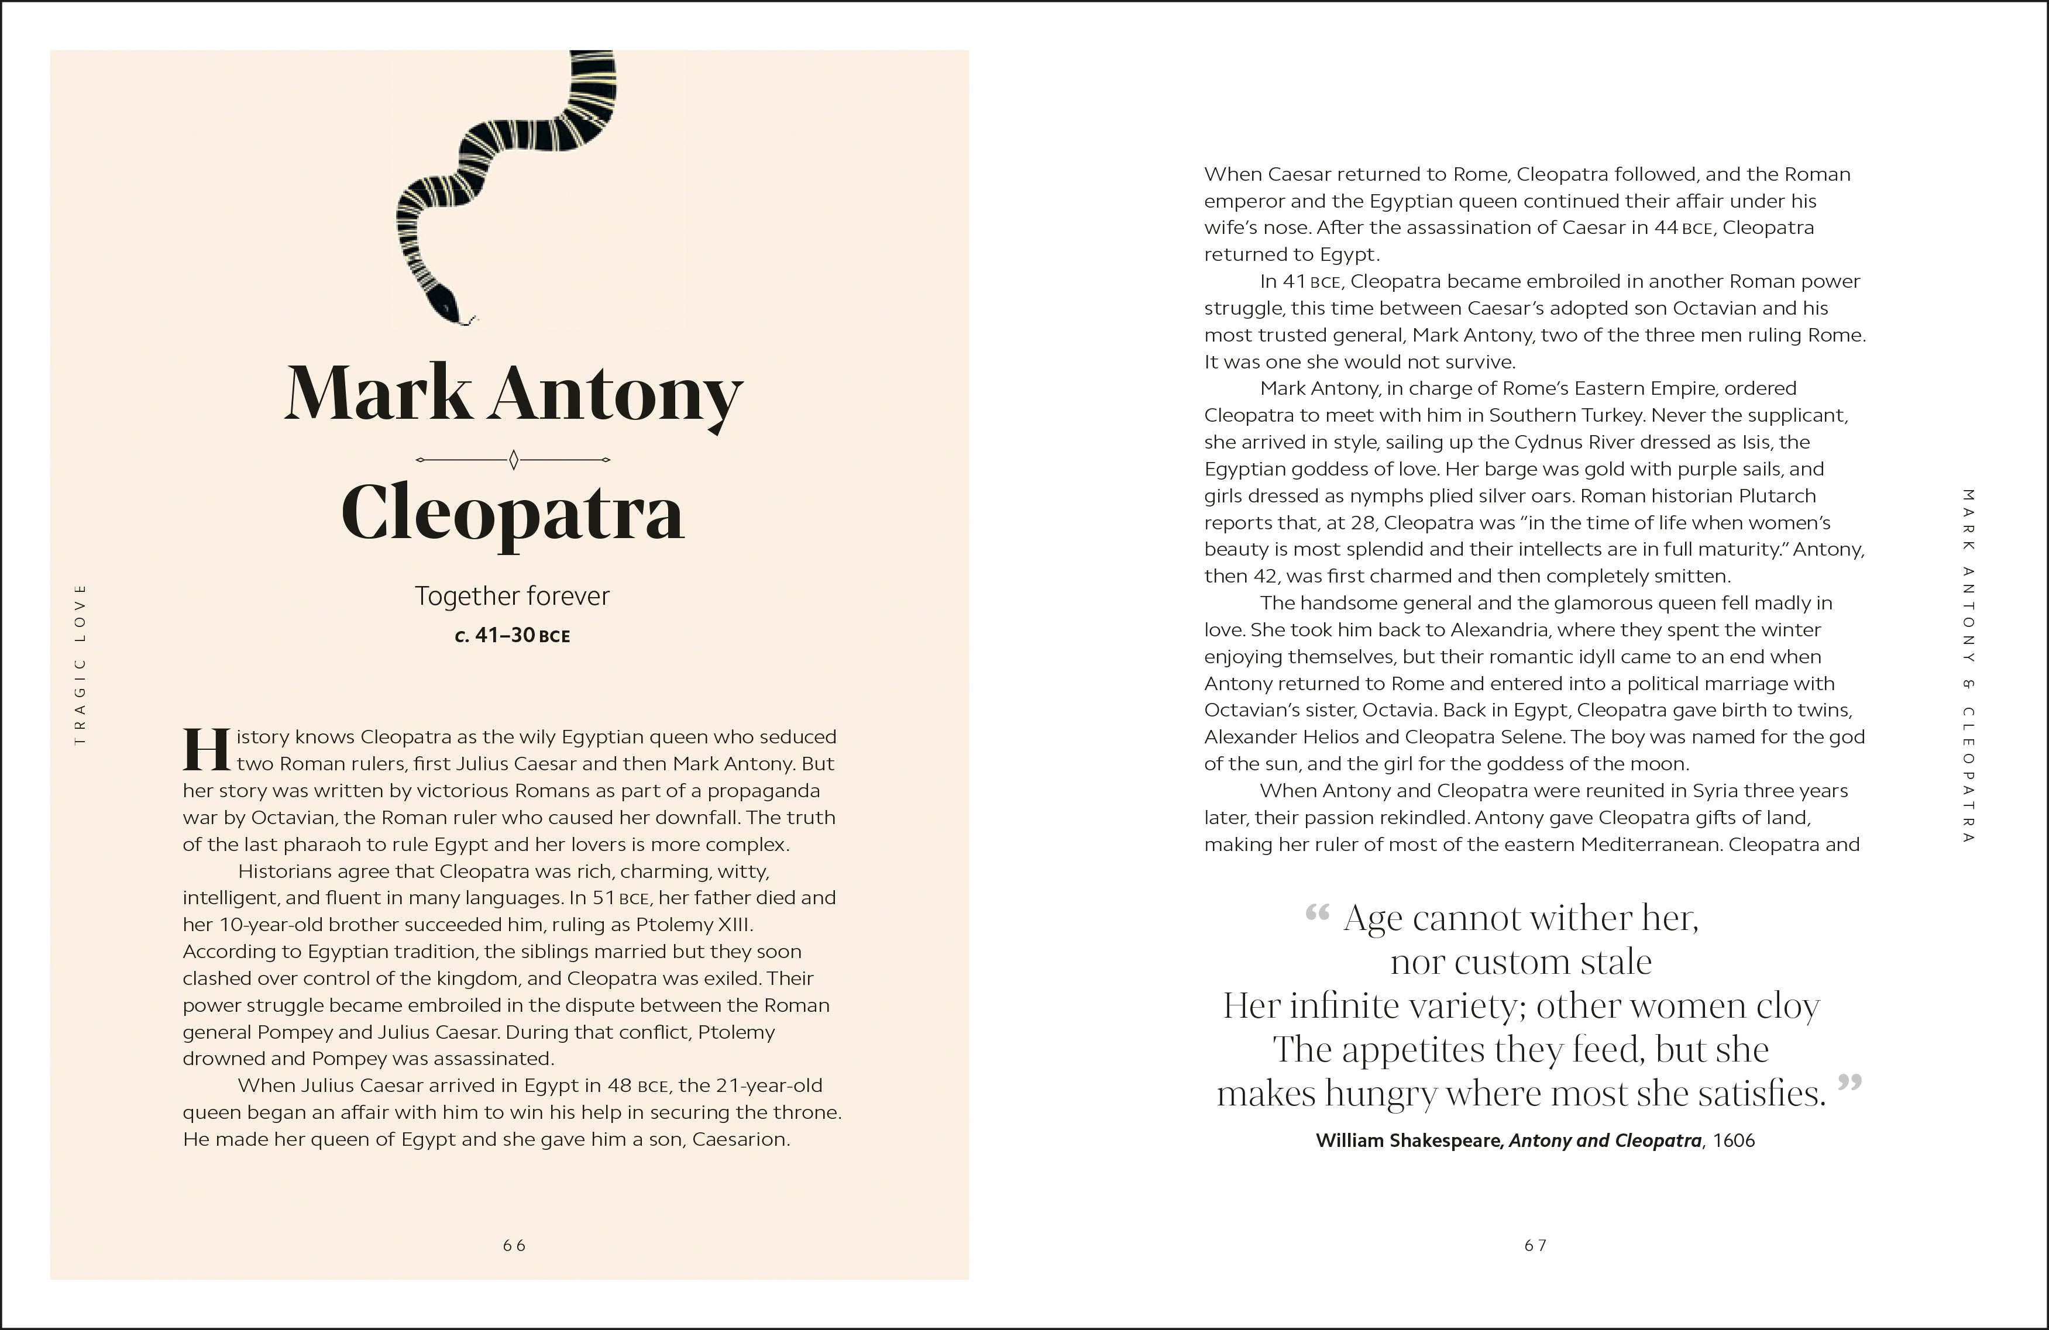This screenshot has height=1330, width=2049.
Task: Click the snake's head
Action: click(x=446, y=303)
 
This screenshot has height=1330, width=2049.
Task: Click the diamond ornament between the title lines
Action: click(x=513, y=460)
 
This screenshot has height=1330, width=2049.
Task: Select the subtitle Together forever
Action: click(x=513, y=596)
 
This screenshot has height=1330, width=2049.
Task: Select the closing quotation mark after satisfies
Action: click(x=1849, y=1084)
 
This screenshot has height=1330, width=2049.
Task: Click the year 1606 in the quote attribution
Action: click(x=1734, y=1141)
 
